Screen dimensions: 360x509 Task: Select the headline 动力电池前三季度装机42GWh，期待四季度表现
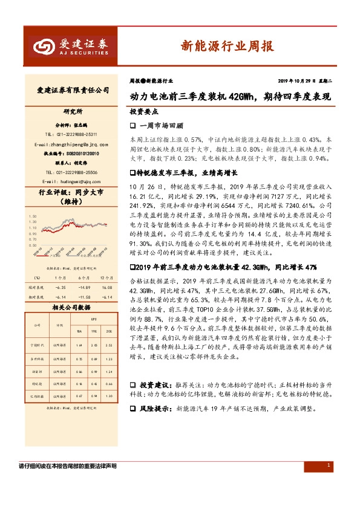(x=231, y=96)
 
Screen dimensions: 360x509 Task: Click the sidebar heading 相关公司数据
(x=71, y=308)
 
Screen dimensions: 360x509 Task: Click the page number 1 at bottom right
(x=328, y=465)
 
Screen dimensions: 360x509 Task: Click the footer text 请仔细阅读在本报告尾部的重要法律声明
(x=68, y=467)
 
